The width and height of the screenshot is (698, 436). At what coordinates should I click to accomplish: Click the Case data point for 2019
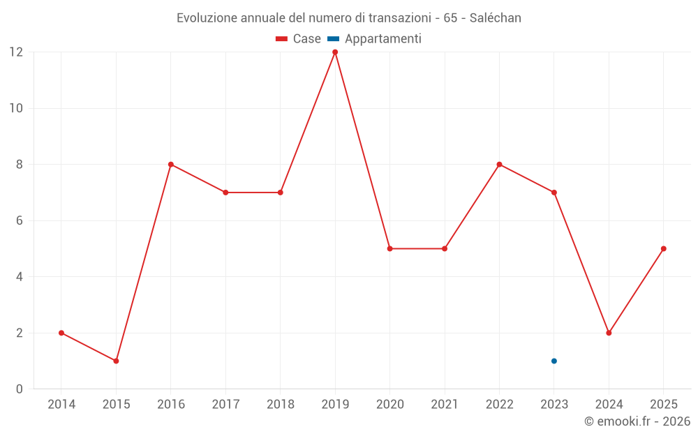(335, 52)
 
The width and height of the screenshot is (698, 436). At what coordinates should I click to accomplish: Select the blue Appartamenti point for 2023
(554, 361)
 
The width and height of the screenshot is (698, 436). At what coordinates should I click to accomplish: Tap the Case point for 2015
(116, 361)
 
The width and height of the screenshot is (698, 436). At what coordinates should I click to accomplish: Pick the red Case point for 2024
(609, 333)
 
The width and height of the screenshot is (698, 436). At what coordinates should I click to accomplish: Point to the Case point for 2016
(171, 165)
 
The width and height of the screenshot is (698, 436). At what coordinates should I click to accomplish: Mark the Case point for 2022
(499, 165)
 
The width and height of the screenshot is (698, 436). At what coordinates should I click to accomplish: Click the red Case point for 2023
(554, 193)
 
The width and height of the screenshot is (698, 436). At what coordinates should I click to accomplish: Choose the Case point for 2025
(664, 248)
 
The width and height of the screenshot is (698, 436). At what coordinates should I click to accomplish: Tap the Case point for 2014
(61, 333)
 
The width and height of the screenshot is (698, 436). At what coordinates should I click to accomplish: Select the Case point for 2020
(389, 248)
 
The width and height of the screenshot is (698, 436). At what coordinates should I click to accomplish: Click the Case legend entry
(298, 39)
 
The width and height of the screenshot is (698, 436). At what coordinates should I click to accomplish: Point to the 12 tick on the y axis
(16, 52)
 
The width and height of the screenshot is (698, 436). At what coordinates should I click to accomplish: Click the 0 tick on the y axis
(20, 389)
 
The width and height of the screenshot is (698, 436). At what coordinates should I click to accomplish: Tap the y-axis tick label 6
(20, 220)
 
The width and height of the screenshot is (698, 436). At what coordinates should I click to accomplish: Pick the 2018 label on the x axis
(280, 405)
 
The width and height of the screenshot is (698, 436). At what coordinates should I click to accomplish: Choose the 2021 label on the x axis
(445, 405)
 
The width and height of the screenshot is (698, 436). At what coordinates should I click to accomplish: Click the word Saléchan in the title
(496, 18)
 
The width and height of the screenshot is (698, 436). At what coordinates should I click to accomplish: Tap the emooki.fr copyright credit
(637, 421)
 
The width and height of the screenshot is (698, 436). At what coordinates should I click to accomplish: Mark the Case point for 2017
(225, 193)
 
